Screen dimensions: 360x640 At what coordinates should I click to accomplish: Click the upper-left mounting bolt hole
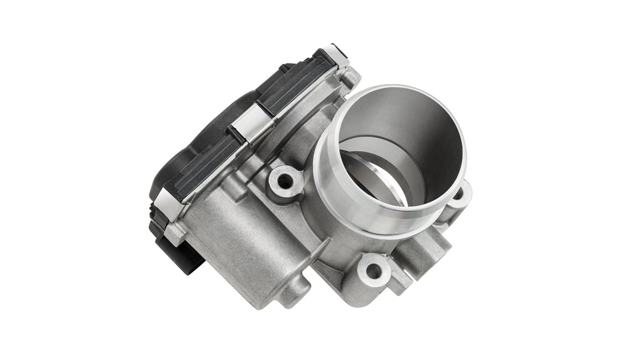[286, 180]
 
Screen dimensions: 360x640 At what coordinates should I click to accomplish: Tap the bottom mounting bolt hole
[374, 271]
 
